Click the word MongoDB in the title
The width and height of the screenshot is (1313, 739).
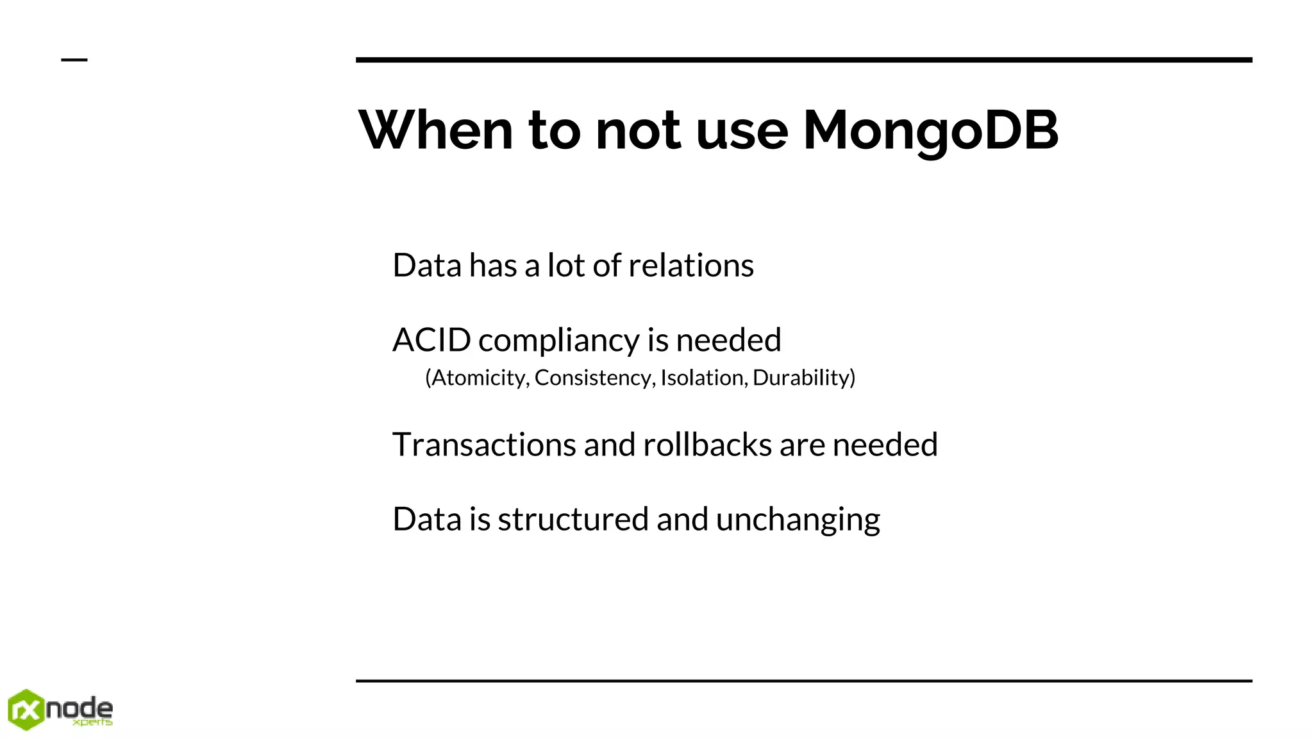(x=930, y=131)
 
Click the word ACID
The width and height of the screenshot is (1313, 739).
(x=431, y=340)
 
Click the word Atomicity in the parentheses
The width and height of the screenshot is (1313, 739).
(x=477, y=378)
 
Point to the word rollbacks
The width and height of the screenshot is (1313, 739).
(x=707, y=445)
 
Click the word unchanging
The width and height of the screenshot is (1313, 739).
(x=798, y=520)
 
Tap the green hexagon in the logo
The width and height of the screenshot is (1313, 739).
(x=26, y=709)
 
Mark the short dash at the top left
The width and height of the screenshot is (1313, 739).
(x=74, y=60)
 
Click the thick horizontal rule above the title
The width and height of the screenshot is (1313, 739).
(x=804, y=60)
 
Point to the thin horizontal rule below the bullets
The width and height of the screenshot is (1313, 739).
(x=804, y=681)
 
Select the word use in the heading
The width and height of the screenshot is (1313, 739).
(x=742, y=131)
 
